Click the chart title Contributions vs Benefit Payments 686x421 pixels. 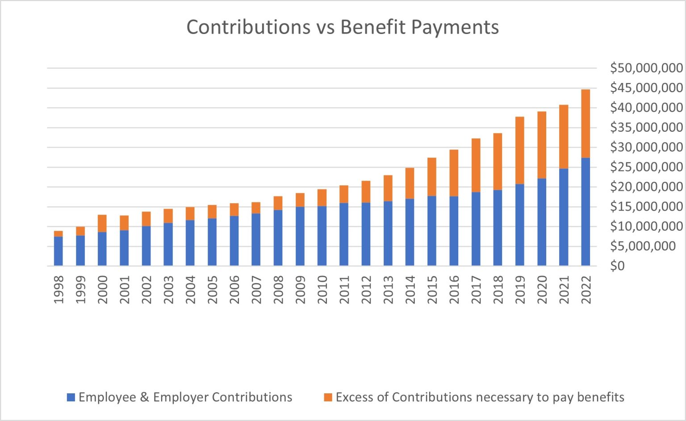point(343,27)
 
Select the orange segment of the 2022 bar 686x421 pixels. point(585,124)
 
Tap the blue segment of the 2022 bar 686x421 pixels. point(585,212)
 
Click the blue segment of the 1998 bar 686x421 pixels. point(59,251)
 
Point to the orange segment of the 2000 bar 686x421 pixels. point(102,223)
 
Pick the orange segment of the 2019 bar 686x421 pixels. point(519,150)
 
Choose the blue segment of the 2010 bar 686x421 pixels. point(322,236)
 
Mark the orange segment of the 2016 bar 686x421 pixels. point(454,173)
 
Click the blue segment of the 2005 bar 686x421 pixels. point(212,242)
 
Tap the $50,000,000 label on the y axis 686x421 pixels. point(646,68)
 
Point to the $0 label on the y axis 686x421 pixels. point(618,266)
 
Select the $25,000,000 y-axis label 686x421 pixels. point(646,167)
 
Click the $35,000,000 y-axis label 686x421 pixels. point(646,127)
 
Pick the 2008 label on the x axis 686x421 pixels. point(278,290)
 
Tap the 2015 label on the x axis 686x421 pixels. point(432,290)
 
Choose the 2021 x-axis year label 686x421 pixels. point(564,290)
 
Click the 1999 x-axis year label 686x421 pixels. point(80,290)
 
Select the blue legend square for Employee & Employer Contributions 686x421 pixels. point(71,397)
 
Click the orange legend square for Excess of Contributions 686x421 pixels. point(328,397)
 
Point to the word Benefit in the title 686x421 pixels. point(373,27)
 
